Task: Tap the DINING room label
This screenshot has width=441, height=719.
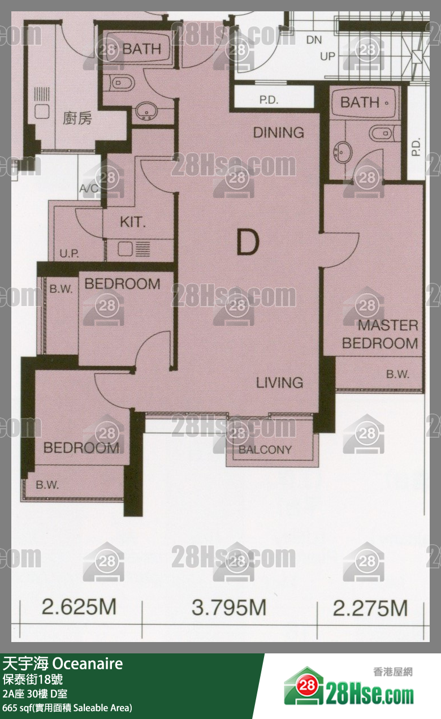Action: click(x=279, y=132)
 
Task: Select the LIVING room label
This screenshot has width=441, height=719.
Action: click(x=280, y=382)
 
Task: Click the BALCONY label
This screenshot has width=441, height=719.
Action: click(x=265, y=450)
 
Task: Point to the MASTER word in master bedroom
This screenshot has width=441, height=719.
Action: click(x=388, y=325)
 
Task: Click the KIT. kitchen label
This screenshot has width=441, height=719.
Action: click(x=133, y=222)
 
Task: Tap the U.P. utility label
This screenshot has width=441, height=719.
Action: click(x=69, y=253)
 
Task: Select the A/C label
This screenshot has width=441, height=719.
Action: click(x=89, y=188)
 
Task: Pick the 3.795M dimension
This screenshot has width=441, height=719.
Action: click(x=229, y=608)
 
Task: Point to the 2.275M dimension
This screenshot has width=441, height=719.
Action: click(x=370, y=608)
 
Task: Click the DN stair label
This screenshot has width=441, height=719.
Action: click(x=314, y=40)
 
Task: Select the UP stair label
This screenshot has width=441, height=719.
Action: click(x=327, y=57)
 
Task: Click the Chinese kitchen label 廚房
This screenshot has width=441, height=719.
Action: click(x=77, y=118)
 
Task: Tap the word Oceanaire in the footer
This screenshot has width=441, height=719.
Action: click(x=88, y=664)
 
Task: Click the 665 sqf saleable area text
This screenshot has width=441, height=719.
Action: click(x=67, y=708)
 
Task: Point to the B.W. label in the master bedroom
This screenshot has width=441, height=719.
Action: click(x=397, y=374)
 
